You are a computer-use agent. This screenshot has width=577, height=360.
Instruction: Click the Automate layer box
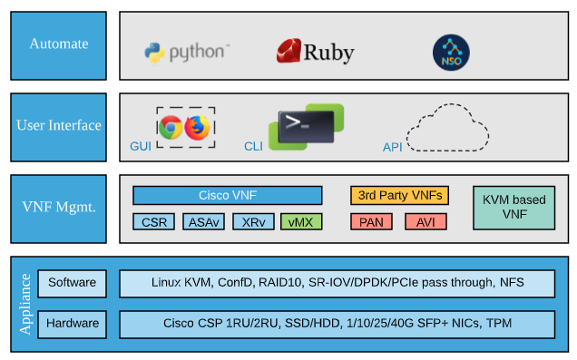(58, 44)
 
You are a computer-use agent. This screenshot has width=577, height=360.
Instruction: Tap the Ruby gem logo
(289, 51)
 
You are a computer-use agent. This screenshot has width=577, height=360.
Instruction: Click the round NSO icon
(451, 52)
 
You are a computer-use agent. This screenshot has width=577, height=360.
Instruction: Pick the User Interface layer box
(58, 125)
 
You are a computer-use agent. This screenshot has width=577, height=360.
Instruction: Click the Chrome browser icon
(171, 128)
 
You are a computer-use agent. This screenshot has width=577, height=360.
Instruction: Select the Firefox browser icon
(197, 128)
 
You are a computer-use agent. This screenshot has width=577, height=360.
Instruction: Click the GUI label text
(142, 146)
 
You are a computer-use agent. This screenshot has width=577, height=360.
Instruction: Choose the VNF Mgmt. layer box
(58, 208)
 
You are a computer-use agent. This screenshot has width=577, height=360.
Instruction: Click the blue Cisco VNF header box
(227, 196)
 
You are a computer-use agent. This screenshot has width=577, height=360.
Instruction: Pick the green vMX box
(301, 222)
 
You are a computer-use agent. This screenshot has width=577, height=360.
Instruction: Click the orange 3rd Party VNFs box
(399, 196)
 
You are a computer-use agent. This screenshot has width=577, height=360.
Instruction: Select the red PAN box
(370, 222)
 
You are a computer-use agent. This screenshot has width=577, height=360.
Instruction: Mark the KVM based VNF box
(513, 208)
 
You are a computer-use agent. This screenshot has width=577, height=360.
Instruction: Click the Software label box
(72, 282)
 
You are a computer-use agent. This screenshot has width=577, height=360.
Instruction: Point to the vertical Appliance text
(25, 303)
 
